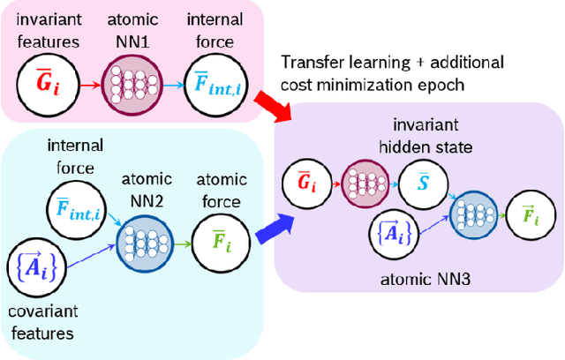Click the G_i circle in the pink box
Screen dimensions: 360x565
[43, 85]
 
